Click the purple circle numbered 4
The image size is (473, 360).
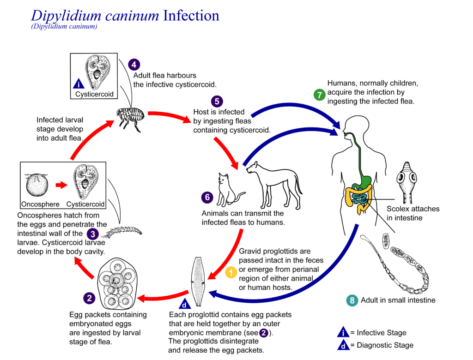coord(134,65)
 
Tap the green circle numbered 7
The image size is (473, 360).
coord(319,95)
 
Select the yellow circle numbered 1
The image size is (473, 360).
coord(230,273)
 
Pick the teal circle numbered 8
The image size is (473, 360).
coord(352,300)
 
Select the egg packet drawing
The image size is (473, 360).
coord(115,284)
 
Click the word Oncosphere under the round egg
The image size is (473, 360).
coord(40,204)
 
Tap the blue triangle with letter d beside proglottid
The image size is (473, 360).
coord(184,305)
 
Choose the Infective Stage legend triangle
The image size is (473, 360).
coord(343,332)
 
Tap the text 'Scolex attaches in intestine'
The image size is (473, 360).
coord(412,213)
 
